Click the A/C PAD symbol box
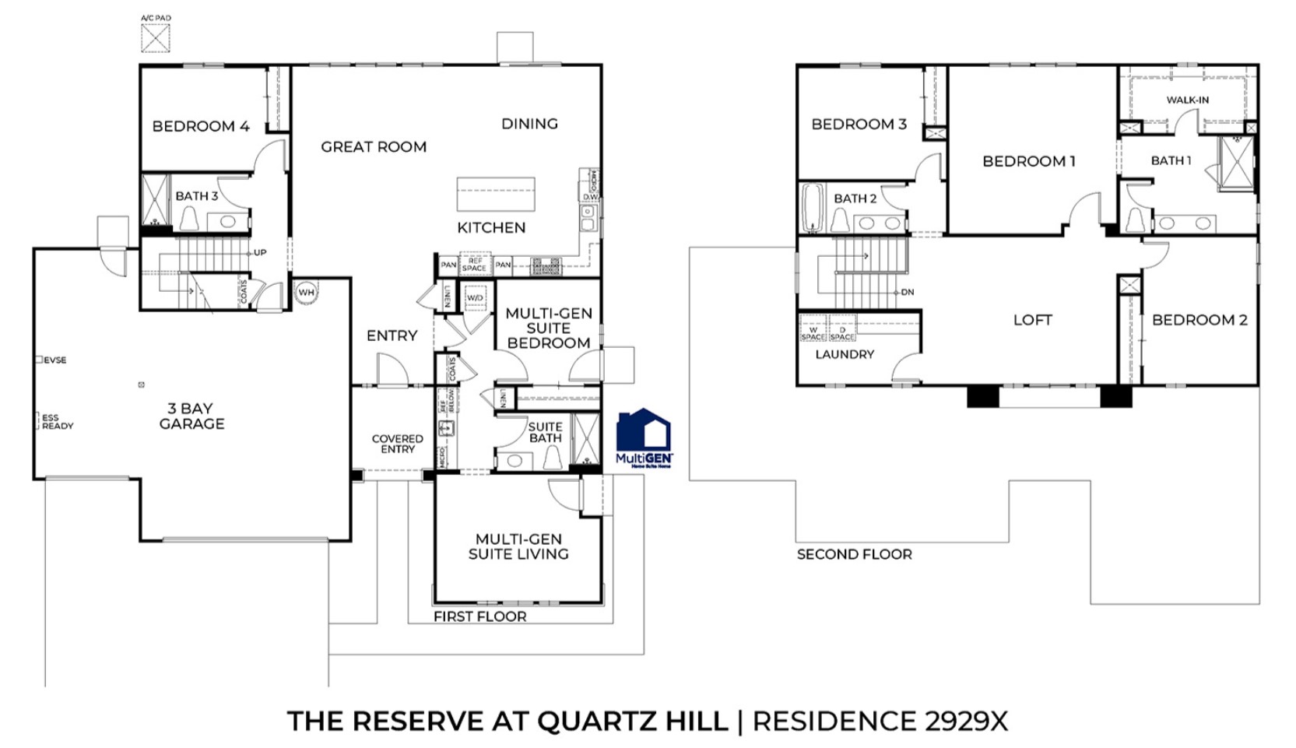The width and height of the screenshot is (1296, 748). coord(155,37)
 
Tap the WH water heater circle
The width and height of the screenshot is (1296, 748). coord(307,292)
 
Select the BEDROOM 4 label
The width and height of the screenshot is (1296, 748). coord(201,126)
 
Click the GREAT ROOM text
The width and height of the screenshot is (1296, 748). coord(374,146)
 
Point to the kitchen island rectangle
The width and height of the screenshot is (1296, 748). coord(495,194)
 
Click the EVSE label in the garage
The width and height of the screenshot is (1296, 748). coord(54,360)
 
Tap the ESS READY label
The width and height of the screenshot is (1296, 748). coord(57,422)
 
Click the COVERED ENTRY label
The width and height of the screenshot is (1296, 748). coord(397,444)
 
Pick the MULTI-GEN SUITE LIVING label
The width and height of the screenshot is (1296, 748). coord(518,546)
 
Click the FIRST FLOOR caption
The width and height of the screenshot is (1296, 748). coord(479,616)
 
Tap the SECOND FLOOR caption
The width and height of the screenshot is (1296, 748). coord(854,554)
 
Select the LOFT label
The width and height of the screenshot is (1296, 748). coord(1032,320)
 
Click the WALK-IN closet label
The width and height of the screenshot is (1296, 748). coord(1187,100)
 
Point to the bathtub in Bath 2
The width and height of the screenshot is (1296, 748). coord(813,208)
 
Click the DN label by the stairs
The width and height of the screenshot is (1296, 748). coord(907,293)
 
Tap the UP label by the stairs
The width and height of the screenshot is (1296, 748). coord(260,253)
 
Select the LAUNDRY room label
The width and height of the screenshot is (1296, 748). coord(845,354)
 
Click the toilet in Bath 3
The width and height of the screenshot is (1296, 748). coord(188,219)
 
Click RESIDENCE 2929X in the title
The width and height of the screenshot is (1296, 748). coord(880,721)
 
